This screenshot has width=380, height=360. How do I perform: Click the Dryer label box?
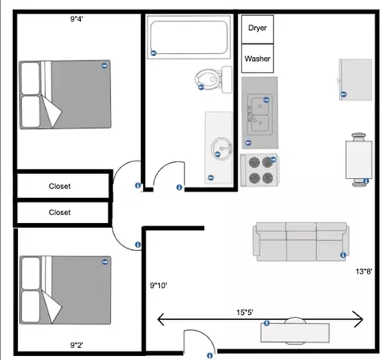[x=257, y=29]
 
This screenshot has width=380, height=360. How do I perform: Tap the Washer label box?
[x=257, y=59]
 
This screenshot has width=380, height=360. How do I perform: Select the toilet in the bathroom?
[x=214, y=79]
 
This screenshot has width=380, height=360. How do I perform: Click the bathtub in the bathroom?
[x=189, y=37]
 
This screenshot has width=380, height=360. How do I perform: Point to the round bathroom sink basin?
[x=222, y=148]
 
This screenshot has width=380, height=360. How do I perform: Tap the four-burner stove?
[x=259, y=170]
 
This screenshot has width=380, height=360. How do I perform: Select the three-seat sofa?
[x=301, y=241]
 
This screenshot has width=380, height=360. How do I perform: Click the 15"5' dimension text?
[x=245, y=313]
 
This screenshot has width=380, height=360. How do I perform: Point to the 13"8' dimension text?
[x=364, y=271]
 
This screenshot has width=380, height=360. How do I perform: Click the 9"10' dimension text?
[x=158, y=286]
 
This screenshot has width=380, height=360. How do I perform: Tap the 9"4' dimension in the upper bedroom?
[x=77, y=19]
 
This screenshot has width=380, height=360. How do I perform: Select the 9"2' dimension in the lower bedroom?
[x=77, y=345]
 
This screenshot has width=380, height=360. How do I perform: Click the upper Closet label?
[x=59, y=186]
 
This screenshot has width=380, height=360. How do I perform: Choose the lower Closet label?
[x=59, y=212]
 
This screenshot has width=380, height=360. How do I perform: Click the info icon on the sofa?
[x=343, y=255]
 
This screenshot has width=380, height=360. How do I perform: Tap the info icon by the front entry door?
[x=210, y=355]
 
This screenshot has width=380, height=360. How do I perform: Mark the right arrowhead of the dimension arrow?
[x=363, y=320]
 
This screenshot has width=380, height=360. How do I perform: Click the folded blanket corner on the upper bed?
[x=52, y=113]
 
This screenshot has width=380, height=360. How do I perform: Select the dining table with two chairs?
[x=359, y=160]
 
